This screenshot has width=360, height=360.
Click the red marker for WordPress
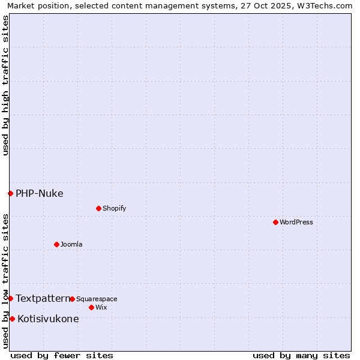275,222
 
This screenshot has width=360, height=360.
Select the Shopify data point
98,208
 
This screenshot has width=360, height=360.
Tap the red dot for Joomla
56,244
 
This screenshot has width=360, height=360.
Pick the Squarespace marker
72,299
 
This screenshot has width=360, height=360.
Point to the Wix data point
91,307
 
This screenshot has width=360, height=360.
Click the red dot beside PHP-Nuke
10,193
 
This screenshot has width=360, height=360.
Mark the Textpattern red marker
10,298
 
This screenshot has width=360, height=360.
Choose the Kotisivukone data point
12,319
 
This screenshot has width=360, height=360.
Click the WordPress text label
296,223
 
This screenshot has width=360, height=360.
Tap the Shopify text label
114,209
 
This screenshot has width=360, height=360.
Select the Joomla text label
71,245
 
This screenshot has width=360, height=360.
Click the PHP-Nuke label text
40,193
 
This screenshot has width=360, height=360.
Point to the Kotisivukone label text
48,319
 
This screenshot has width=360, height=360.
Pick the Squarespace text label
97,299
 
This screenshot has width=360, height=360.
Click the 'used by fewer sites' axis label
62,355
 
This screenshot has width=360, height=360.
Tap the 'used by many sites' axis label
301,355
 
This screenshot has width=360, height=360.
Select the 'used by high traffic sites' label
5,85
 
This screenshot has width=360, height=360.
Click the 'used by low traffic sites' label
5,281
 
